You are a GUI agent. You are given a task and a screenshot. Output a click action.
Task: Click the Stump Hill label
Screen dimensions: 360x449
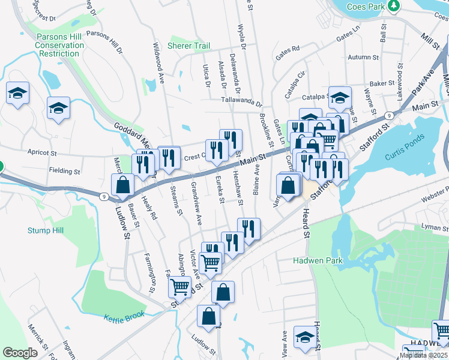pyautogui.click(x=46, y=230)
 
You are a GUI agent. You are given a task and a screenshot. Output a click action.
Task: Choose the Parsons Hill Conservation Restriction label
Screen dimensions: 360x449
pyautogui.click(x=58, y=45)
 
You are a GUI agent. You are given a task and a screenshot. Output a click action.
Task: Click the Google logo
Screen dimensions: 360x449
pyautogui.click(x=20, y=353)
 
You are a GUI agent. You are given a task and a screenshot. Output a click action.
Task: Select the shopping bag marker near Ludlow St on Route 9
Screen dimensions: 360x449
pyautogui.click(x=122, y=185)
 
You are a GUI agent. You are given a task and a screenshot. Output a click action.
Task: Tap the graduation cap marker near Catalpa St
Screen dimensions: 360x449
pyautogui.click(x=340, y=97)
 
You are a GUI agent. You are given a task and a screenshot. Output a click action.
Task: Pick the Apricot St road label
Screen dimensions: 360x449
pyautogui.click(x=41, y=153)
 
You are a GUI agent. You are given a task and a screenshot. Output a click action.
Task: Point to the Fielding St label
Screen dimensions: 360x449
pyautogui.click(x=64, y=171)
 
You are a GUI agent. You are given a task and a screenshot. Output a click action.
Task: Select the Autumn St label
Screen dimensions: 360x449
pyautogui.click(x=360, y=58)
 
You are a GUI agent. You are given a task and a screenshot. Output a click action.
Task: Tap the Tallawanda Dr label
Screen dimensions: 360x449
pyautogui.click(x=241, y=103)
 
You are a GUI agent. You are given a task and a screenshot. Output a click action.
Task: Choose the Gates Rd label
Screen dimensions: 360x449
pyautogui.click(x=288, y=50)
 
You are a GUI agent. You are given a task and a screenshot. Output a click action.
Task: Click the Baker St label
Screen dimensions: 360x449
pyautogui.click(x=382, y=84)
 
